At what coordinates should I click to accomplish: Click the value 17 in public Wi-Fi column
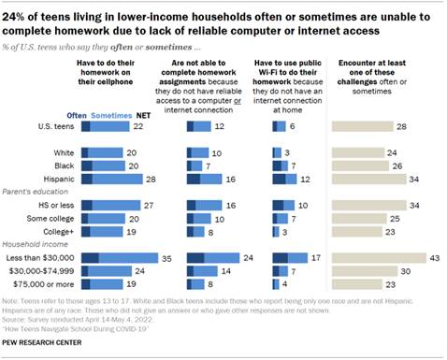(x=315, y=256)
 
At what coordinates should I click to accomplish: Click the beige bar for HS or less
(x=367, y=204)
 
